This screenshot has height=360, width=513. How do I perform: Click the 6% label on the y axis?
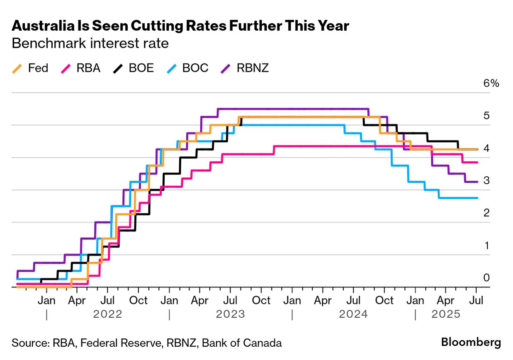(491, 83)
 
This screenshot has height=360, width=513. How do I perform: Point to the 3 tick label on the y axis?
(486, 180)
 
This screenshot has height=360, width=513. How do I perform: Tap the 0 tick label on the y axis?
(486, 277)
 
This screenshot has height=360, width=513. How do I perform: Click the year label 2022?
(108, 314)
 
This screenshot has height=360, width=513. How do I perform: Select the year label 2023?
(231, 314)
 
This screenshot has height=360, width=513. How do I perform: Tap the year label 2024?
(353, 314)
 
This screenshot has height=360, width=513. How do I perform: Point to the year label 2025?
(446, 314)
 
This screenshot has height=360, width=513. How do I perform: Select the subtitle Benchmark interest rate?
(90, 44)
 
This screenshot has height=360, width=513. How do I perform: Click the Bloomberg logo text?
(471, 343)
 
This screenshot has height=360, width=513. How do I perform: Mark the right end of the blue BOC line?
(478, 198)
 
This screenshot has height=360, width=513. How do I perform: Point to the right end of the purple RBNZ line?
(478, 182)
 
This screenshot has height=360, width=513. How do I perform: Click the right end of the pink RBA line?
(478, 162)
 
